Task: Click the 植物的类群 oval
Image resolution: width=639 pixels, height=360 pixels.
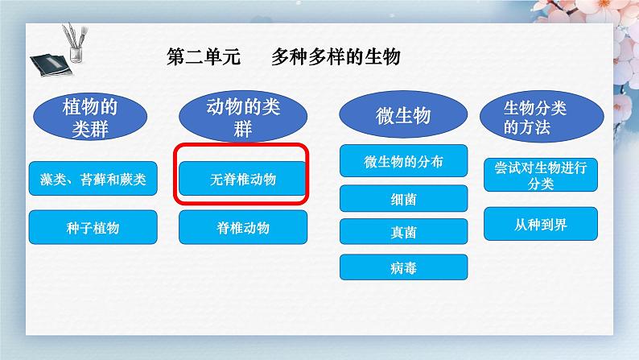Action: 90,117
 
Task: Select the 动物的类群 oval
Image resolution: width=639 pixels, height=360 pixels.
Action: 243,117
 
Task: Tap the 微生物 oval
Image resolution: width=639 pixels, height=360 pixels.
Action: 403,114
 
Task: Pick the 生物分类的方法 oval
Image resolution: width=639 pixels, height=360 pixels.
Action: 542,117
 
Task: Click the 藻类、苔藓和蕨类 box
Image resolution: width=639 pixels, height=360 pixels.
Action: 93,179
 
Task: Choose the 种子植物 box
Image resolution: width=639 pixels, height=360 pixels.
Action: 93,227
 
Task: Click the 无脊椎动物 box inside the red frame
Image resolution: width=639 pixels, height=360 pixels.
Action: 242,179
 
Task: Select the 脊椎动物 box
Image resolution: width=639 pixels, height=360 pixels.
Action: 243,227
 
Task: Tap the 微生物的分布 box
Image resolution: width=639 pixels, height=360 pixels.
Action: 403,160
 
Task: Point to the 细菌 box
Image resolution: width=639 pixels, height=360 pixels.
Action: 403,199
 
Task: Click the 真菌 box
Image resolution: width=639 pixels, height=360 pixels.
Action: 403,232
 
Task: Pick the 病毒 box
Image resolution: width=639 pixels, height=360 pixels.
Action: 403,267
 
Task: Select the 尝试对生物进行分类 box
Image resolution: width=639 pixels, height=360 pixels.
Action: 541,175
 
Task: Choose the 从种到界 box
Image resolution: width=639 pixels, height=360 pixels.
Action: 541,224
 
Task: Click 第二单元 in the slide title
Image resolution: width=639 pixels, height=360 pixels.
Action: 204,56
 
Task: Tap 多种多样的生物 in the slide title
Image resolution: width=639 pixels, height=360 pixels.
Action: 336,56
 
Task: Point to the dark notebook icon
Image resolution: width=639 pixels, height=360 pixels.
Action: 51,64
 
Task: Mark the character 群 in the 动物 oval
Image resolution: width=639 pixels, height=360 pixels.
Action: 243,129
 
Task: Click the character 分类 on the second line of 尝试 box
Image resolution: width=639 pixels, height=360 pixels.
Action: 541,184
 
